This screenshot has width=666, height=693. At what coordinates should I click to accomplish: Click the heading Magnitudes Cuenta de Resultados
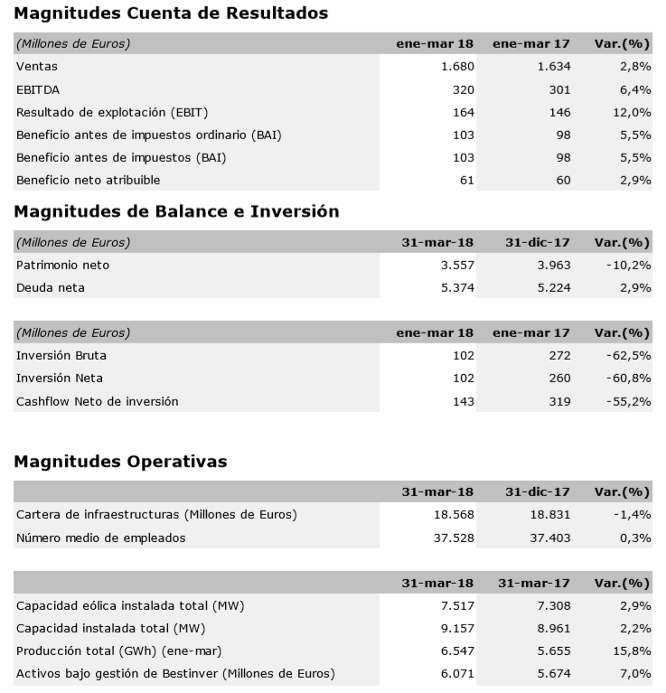coord(172,14)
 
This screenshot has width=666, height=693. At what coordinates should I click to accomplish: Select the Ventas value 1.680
coord(456,66)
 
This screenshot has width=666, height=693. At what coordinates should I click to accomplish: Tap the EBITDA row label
coord(36,89)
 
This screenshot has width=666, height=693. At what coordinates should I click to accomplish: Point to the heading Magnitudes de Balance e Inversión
coord(178,211)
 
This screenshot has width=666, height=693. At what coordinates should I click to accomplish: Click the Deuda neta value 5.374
coord(456,287)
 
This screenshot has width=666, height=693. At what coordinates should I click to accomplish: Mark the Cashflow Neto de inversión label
coord(98,400)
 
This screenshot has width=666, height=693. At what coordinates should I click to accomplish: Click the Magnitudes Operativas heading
coord(121,462)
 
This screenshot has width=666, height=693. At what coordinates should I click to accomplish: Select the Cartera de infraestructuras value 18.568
coord(453,514)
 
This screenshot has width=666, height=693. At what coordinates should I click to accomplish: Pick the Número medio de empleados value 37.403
coord(549,538)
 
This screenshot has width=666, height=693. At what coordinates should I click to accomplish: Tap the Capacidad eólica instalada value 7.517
coord(456,605)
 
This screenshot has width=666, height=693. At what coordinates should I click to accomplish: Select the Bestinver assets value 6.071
coord(456,673)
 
